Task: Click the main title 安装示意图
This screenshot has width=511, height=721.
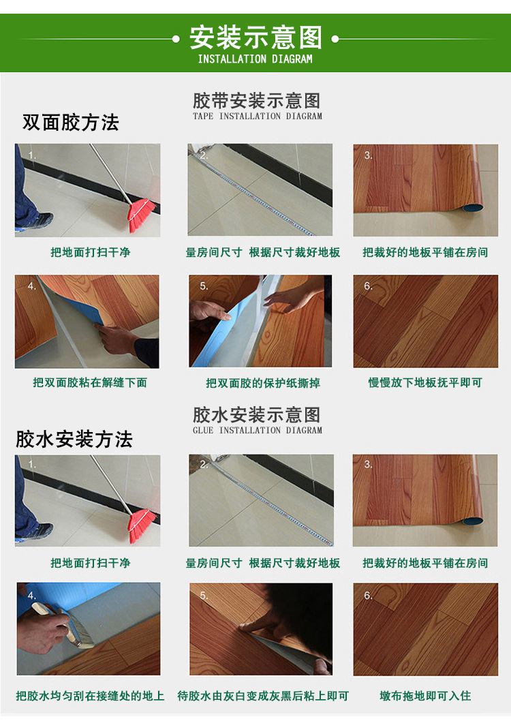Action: [x=255, y=37]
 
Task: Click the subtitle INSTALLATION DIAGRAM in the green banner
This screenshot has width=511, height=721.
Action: [x=255, y=59]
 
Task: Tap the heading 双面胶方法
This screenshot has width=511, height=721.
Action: [x=71, y=123]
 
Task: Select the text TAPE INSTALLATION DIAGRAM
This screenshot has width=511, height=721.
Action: [x=258, y=116]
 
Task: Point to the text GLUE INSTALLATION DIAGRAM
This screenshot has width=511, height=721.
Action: [x=258, y=430]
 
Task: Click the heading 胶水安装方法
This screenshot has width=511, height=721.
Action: [x=74, y=439]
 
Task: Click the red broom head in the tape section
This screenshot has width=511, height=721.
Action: [x=142, y=215]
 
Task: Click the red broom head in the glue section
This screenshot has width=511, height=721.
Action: [x=142, y=525]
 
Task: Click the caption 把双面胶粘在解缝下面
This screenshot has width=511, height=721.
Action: [x=90, y=382]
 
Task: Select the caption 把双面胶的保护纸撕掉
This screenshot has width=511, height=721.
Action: [x=263, y=383]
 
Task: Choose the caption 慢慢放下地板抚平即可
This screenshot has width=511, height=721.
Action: [x=425, y=382]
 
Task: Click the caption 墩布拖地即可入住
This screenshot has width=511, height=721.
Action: [x=425, y=696]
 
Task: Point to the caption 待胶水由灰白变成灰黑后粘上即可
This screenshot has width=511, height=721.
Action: [x=263, y=696]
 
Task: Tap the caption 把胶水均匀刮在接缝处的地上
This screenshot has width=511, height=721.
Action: [x=90, y=696]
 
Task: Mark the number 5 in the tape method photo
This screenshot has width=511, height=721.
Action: [x=204, y=286]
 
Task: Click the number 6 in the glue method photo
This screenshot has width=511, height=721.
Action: [x=368, y=596]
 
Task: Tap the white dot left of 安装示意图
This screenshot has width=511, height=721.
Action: [x=176, y=39]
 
